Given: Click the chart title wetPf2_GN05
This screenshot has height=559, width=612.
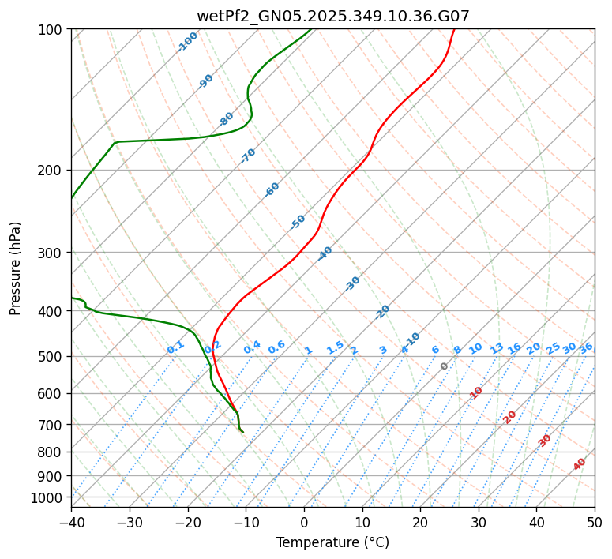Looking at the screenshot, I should [332, 16].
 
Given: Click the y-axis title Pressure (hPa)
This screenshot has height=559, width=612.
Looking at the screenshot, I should [16, 268].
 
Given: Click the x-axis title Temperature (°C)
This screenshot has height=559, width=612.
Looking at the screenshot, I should [332, 543].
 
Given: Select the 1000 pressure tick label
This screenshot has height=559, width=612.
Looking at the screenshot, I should [47, 497].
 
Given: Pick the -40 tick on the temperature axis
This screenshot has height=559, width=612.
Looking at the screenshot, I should [71, 522].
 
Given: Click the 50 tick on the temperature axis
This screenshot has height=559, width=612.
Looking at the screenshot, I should [595, 522].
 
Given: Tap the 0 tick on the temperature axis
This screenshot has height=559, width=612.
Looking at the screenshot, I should [304, 522].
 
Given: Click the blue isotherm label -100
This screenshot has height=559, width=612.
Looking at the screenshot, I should [187, 42].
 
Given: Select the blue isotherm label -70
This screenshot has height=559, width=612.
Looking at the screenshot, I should [248, 155].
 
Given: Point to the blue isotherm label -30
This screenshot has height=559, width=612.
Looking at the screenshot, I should [352, 283].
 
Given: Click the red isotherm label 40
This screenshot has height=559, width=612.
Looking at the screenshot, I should [580, 464].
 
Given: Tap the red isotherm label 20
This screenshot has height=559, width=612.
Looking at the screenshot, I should [510, 416].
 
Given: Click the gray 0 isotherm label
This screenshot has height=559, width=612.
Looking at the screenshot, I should [445, 366].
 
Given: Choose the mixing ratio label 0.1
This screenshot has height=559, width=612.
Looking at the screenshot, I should [175, 347].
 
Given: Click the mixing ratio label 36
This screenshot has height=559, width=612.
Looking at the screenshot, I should [585, 347].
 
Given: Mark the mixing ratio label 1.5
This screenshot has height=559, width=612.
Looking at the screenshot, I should [335, 347].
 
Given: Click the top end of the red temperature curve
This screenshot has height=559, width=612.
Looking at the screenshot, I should [454, 30].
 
